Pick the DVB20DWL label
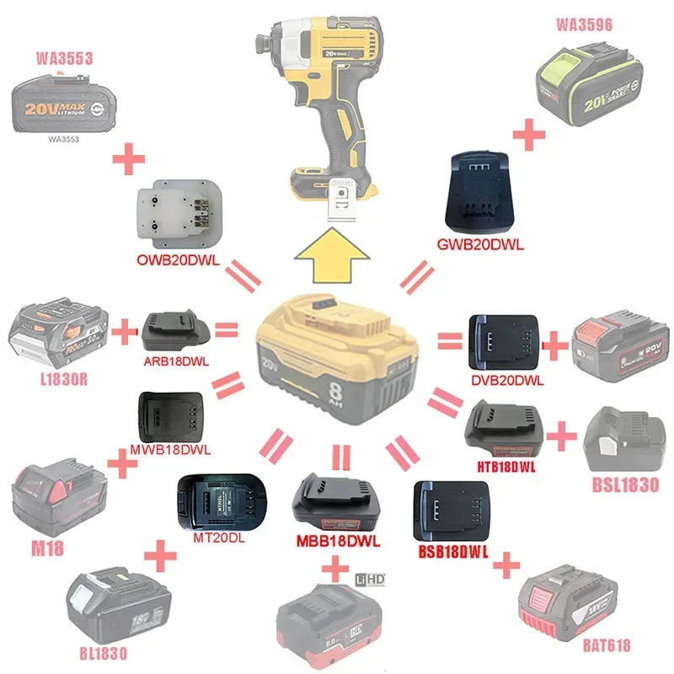pos(507,380)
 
